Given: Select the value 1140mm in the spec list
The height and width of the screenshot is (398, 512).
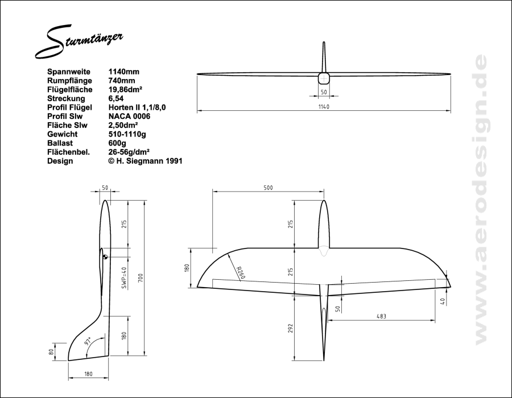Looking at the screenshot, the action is (124, 72).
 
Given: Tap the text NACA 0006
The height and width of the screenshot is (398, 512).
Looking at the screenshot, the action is (129, 117).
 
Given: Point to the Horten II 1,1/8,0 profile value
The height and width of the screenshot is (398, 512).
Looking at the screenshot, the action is (137, 107).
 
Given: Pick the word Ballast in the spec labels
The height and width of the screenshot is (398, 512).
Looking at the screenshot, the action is (60, 143).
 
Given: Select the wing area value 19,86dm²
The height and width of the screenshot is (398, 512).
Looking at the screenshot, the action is (125, 89).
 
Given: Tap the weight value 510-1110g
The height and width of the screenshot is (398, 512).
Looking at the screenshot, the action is (127, 134).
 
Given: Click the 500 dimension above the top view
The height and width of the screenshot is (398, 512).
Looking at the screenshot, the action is (268, 188).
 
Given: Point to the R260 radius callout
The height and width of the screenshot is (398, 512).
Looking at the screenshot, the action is (240, 273).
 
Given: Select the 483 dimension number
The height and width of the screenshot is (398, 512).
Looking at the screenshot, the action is (381, 316).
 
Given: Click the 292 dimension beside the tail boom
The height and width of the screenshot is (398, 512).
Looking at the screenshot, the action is (291, 328).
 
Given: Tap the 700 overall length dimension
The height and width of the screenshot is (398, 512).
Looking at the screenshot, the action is (141, 278).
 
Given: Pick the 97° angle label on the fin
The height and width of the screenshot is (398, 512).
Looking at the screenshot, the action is (88, 341).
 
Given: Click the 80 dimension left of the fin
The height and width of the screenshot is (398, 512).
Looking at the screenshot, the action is (51, 353).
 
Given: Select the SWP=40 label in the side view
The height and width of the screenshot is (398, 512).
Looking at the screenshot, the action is (124, 278).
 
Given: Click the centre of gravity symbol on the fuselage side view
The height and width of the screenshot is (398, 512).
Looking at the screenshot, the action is (105, 257).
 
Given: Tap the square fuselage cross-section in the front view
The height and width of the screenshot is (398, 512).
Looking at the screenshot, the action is (324, 78).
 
